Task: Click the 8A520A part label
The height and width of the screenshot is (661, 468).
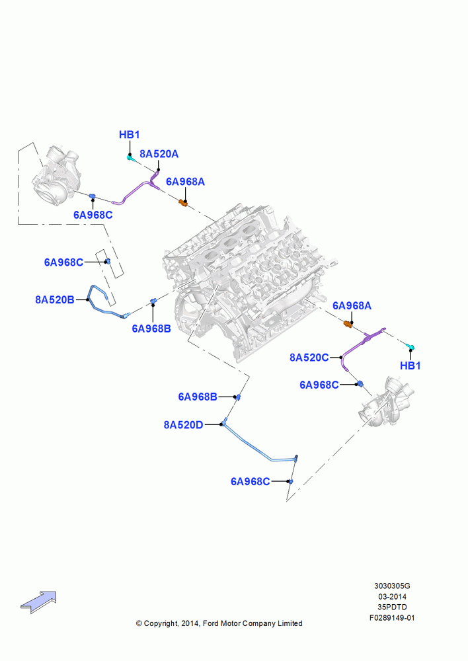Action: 159,154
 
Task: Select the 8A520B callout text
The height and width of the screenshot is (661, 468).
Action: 54,299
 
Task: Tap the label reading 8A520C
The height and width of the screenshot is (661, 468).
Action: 309,358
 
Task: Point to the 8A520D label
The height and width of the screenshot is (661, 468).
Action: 183,425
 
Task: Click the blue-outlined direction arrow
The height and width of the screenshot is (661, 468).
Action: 39,602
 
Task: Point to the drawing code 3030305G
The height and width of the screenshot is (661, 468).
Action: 392,586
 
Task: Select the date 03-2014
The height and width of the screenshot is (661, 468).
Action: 392,596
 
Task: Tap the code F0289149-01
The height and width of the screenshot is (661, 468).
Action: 392,618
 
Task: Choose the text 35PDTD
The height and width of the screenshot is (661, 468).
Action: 392,607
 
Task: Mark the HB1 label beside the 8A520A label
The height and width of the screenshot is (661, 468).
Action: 129,135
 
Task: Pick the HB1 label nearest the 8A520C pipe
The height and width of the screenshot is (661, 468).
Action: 410,366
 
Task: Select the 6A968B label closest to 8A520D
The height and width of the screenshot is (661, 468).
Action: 198,397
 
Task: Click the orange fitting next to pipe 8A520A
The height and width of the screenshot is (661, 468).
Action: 183,203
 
